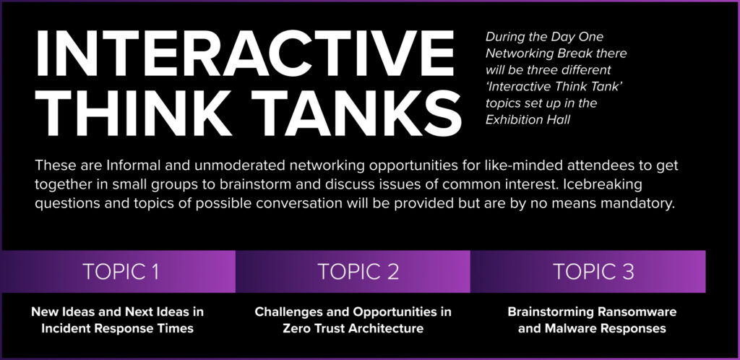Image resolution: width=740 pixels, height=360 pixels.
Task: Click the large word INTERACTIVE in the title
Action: click(x=244, y=53)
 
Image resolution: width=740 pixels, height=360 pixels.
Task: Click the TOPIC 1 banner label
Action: click(x=121, y=272)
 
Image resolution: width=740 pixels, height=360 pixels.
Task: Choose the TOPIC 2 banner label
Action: click(x=358, y=272)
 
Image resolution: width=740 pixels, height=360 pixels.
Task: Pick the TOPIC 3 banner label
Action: click(x=593, y=272)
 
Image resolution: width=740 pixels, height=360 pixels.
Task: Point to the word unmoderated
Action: click(x=242, y=166)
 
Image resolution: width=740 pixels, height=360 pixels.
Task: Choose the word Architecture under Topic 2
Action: click(x=387, y=328)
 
